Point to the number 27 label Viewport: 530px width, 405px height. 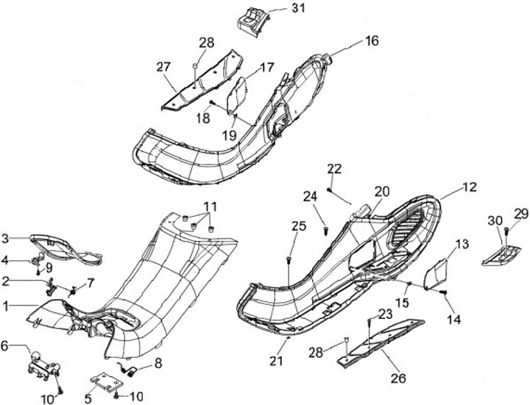point(162,66)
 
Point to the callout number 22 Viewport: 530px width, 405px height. point(335,169)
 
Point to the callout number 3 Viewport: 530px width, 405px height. point(5,237)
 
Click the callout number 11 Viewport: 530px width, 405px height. point(211,205)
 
